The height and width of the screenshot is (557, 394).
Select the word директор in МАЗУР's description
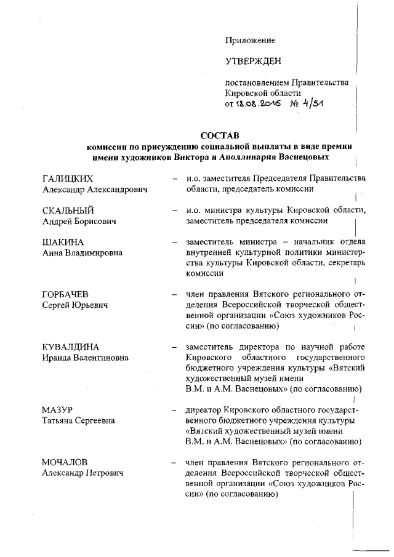tap(204, 410)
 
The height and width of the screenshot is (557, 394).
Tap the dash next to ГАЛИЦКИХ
tap(175, 179)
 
